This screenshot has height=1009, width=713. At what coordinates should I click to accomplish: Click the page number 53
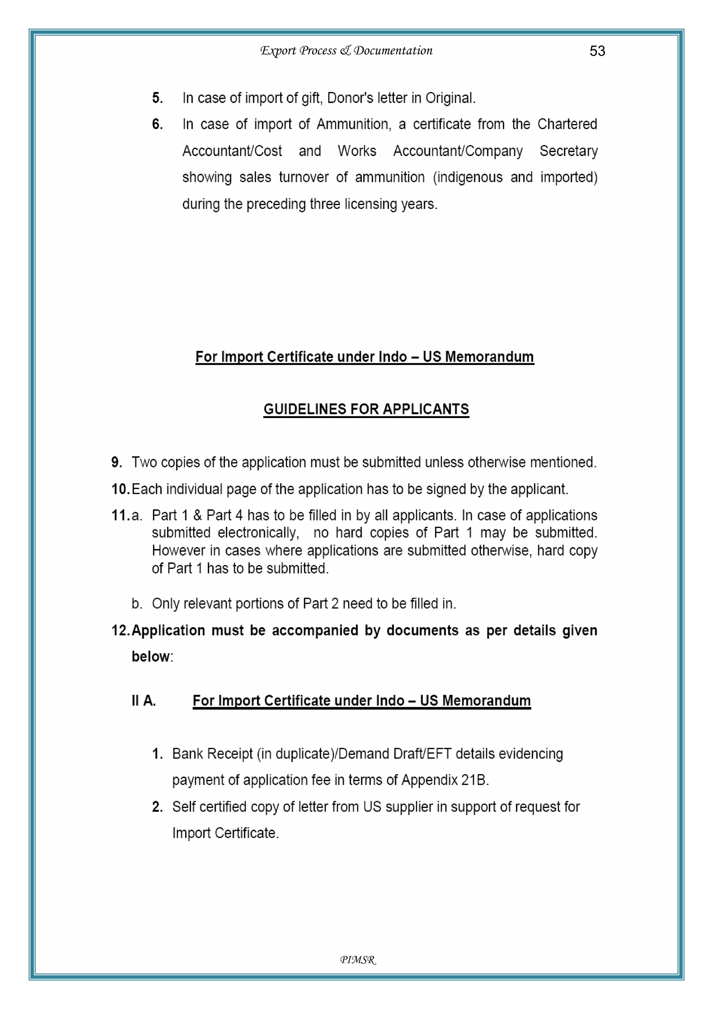tap(597, 51)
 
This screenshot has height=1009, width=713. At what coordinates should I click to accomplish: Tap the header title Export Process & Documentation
tap(346, 51)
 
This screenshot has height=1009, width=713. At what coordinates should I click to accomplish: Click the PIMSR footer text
tap(358, 960)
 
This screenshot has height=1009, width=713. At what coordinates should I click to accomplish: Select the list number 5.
tap(157, 98)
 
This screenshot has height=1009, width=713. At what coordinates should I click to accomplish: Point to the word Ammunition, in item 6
tap(354, 124)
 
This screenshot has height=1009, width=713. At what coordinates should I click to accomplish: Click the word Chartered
tap(567, 124)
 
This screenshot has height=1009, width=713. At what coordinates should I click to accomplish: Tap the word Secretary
tap(569, 151)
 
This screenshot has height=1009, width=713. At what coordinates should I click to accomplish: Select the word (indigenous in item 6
tap(468, 178)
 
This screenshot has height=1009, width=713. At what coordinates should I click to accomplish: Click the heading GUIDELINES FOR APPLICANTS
tap(366, 409)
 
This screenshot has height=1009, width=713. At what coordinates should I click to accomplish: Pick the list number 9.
tap(116, 462)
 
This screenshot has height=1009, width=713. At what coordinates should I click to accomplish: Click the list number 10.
tap(119, 489)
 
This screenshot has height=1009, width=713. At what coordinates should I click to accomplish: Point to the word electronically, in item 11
tap(258, 533)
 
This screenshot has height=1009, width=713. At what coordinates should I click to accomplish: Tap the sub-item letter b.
tap(136, 604)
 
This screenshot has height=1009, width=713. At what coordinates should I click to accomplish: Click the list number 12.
tap(120, 631)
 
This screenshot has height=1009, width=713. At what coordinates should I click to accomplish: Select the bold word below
tap(151, 657)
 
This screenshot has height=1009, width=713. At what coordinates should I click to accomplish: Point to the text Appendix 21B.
tap(445, 780)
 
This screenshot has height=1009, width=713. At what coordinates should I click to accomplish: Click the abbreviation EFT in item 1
tap(439, 754)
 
